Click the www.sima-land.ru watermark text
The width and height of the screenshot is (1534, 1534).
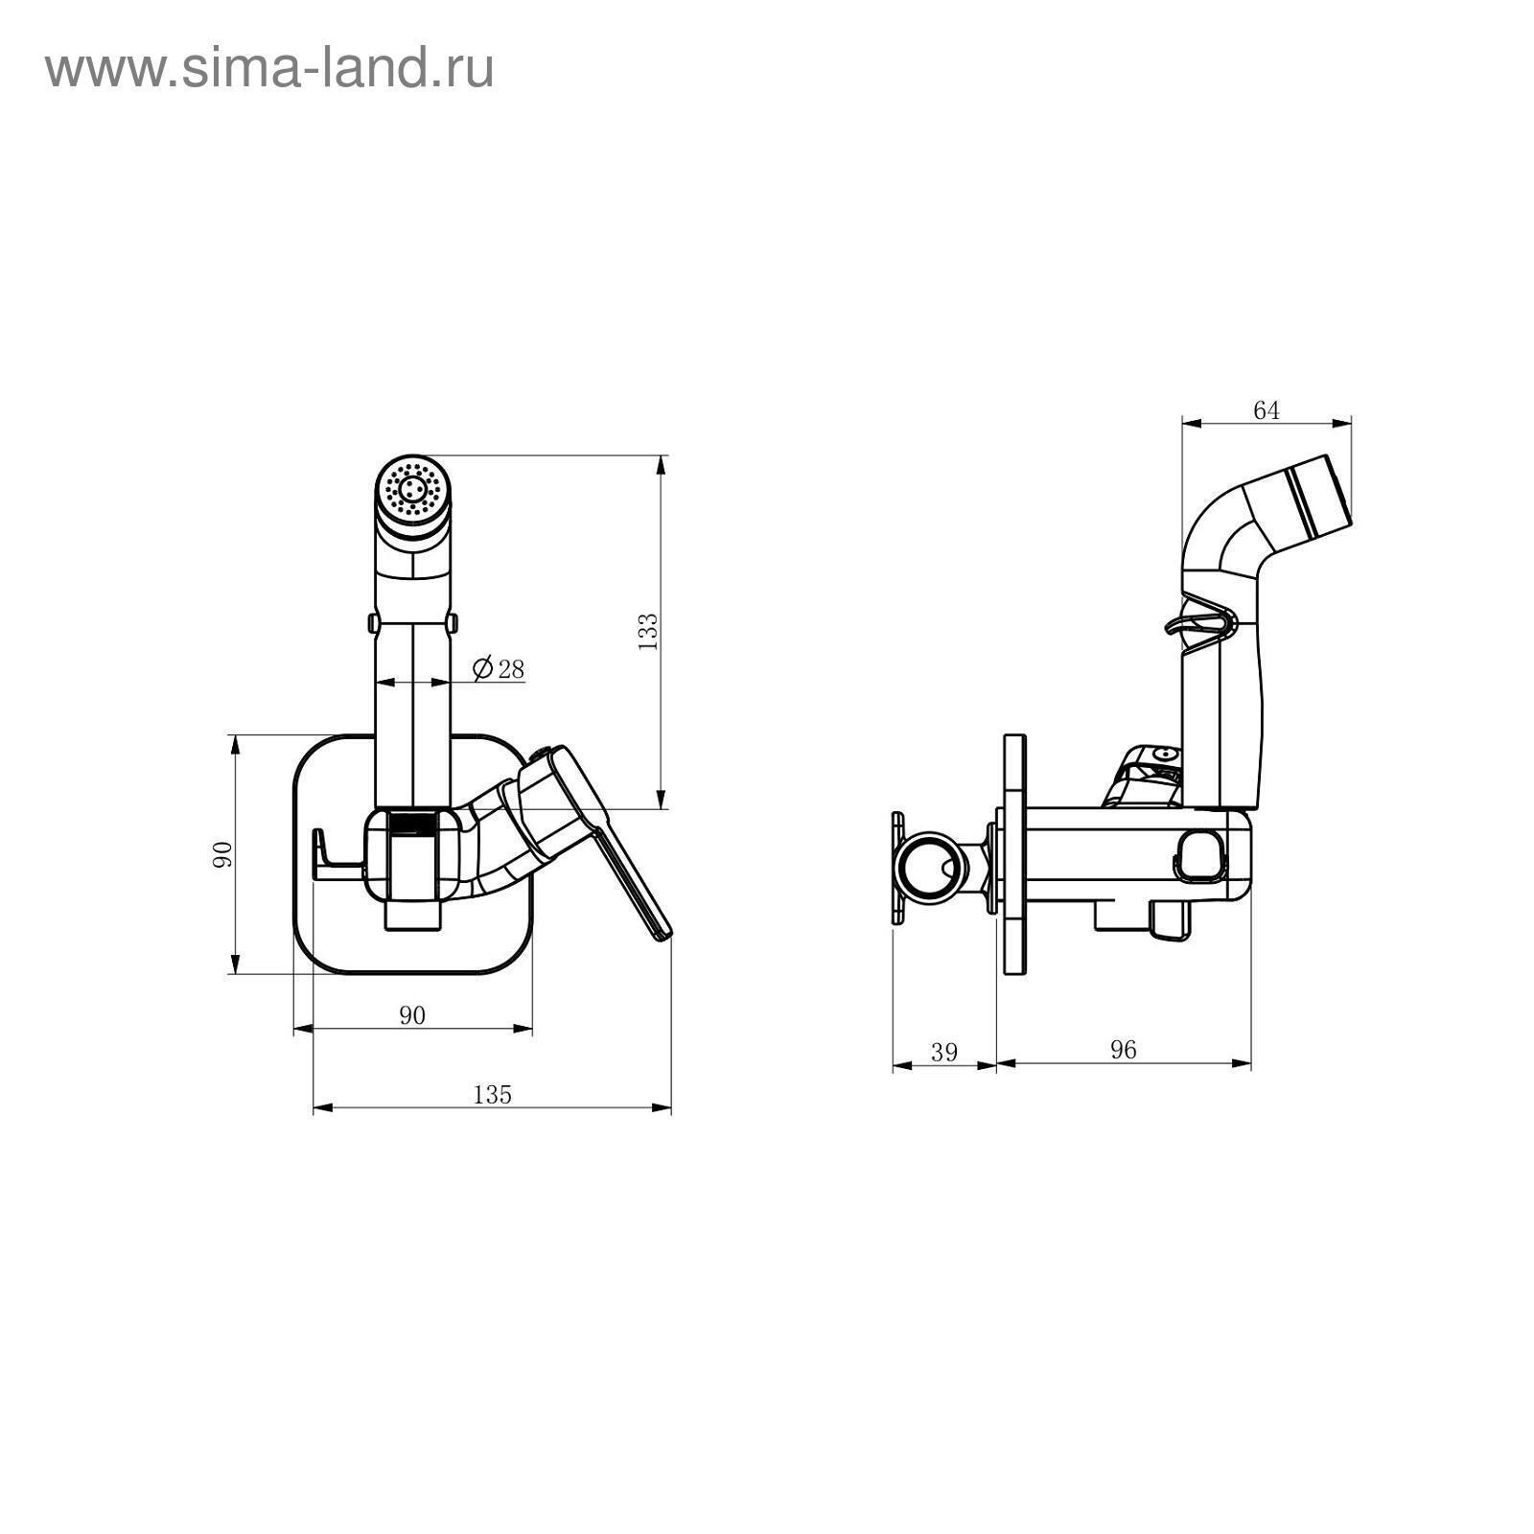coord(269,69)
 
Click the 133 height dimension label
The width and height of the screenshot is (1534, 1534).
coord(648,632)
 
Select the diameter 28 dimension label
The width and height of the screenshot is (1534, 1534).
coord(500,668)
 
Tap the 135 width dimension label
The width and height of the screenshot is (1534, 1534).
coord(493,1094)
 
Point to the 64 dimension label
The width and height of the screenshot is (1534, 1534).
coord(1267,410)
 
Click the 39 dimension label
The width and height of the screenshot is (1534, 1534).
coord(944,1052)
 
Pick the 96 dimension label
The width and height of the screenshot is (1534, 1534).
coord(1123,1050)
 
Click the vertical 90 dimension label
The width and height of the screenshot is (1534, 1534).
coord(221,853)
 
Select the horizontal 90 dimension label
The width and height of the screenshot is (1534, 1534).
coord(411,1015)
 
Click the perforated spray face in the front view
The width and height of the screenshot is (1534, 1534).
coord(413,490)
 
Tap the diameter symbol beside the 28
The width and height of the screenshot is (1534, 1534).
coord(483,667)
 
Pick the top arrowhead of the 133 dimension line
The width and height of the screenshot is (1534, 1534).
coord(661,466)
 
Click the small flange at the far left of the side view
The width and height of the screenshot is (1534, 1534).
coord(898,869)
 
